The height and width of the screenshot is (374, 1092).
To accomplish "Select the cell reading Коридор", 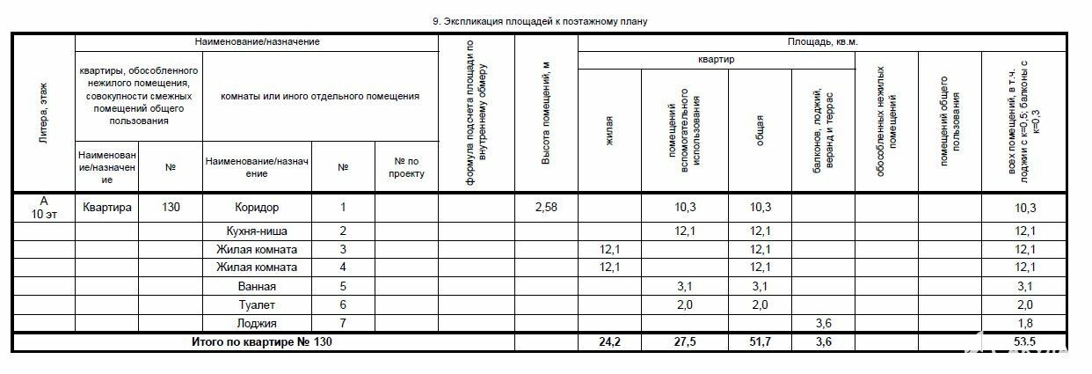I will coord(257,208).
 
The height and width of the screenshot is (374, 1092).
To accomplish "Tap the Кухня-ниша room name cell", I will coord(257,231).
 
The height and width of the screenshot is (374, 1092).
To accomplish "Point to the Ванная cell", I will coord(257,286).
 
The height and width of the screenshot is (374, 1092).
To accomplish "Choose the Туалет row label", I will coord(257,304).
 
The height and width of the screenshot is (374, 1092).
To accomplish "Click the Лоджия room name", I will coord(257,323).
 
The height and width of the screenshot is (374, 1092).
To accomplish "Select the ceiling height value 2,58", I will coord(545,208).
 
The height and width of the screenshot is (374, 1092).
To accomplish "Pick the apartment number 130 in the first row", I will coord(171,208).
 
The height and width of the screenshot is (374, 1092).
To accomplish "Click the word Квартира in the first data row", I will coord(107,208).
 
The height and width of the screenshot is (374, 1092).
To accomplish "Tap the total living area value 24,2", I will coord(608,341).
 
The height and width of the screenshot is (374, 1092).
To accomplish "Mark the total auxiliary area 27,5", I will coord(696,341).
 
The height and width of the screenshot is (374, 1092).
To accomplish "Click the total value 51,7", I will coord(760,341).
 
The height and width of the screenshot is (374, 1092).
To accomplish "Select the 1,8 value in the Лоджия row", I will coord(1024,323).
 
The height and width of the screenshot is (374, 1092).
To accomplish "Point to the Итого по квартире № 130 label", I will coord(262,341).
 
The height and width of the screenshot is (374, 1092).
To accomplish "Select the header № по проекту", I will coord(406,167).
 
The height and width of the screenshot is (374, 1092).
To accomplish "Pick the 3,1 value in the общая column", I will coord(760,286).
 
